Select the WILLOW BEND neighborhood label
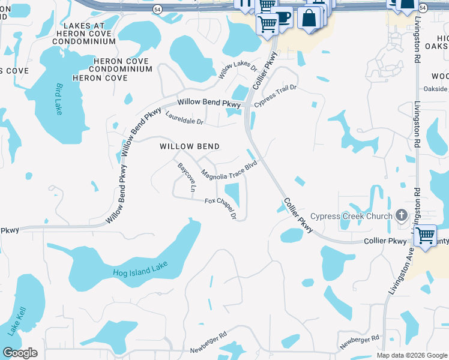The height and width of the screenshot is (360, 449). (189, 146)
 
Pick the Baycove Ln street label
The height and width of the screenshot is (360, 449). (186, 177)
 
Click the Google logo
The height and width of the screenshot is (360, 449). (20, 353)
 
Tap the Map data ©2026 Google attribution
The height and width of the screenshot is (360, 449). (412, 355)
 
